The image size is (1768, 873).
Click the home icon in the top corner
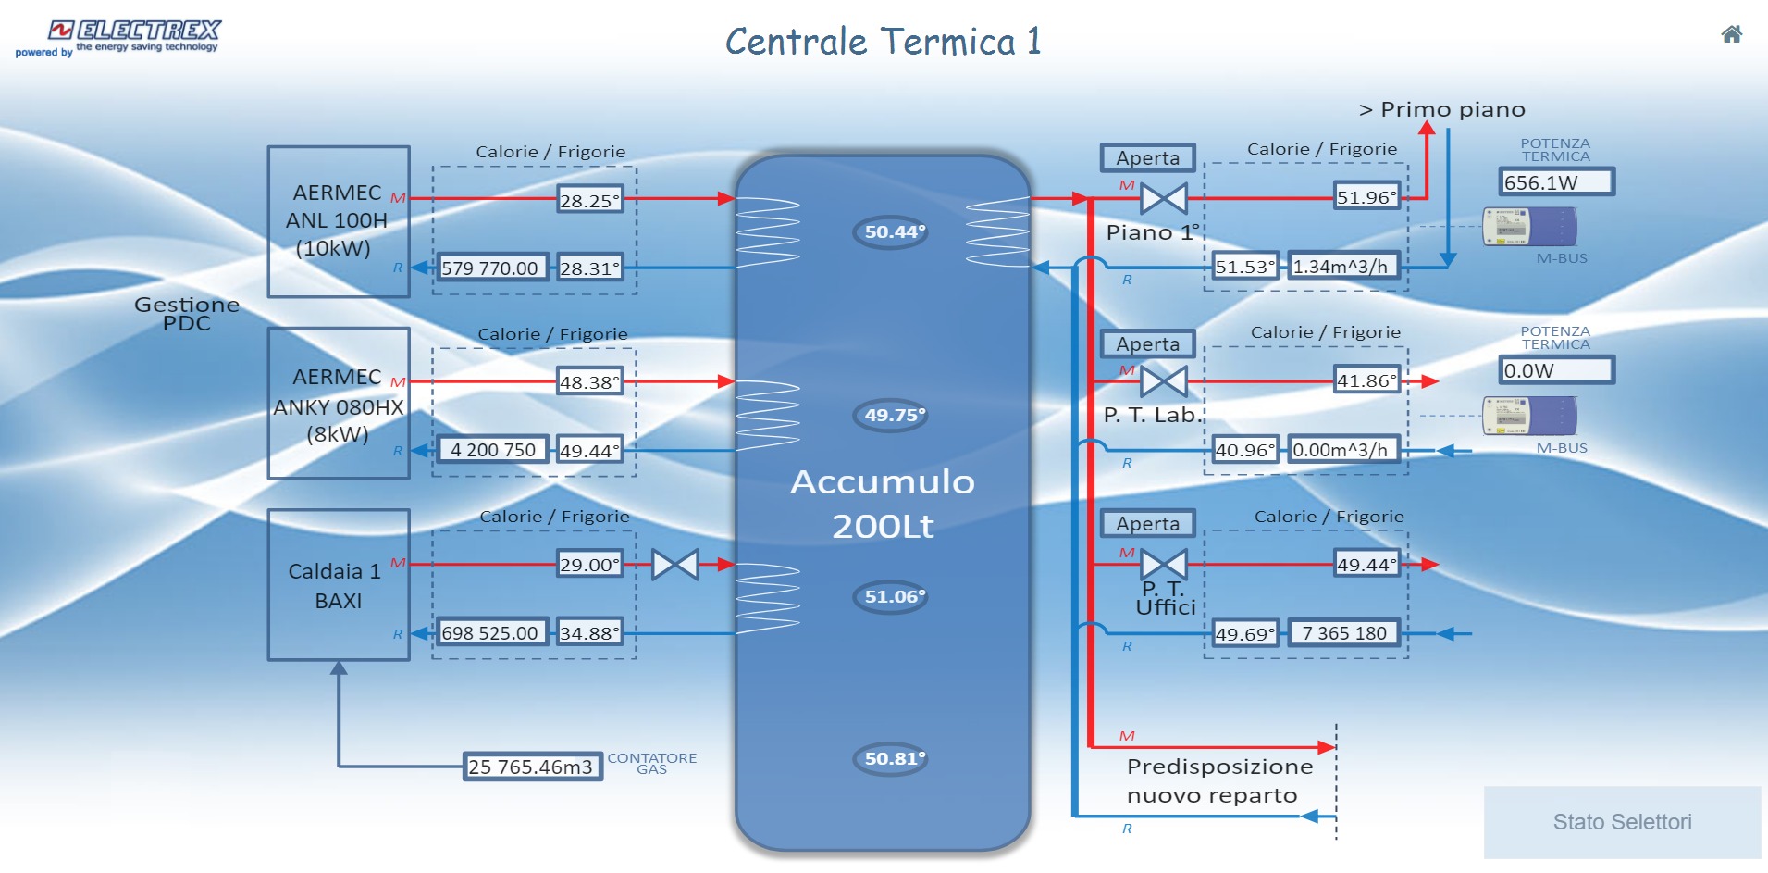click(x=1731, y=35)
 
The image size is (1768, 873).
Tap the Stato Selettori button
click(x=1622, y=822)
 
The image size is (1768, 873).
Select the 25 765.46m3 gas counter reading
click(x=532, y=767)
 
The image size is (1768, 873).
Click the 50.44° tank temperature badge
click(x=890, y=232)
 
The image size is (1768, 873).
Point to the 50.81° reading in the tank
click(x=890, y=759)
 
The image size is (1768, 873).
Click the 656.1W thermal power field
click(x=1555, y=182)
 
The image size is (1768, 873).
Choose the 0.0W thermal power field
click(x=1555, y=370)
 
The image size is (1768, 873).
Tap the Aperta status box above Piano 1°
click(x=1147, y=158)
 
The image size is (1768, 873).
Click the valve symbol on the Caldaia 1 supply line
click(x=675, y=565)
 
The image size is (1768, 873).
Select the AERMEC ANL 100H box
click(x=338, y=221)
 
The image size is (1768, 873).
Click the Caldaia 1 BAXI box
click(x=338, y=585)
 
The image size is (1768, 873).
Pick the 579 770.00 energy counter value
click(x=490, y=268)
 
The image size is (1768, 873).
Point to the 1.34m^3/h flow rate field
click(x=1342, y=267)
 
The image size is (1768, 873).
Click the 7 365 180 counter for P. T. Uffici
click(x=1343, y=633)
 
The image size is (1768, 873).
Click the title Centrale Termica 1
click(x=883, y=43)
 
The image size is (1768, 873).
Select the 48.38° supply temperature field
click(x=589, y=382)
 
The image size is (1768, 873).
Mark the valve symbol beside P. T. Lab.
click(x=1163, y=380)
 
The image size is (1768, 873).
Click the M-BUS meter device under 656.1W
click(x=1529, y=227)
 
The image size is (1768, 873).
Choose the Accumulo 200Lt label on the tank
click(x=883, y=504)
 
